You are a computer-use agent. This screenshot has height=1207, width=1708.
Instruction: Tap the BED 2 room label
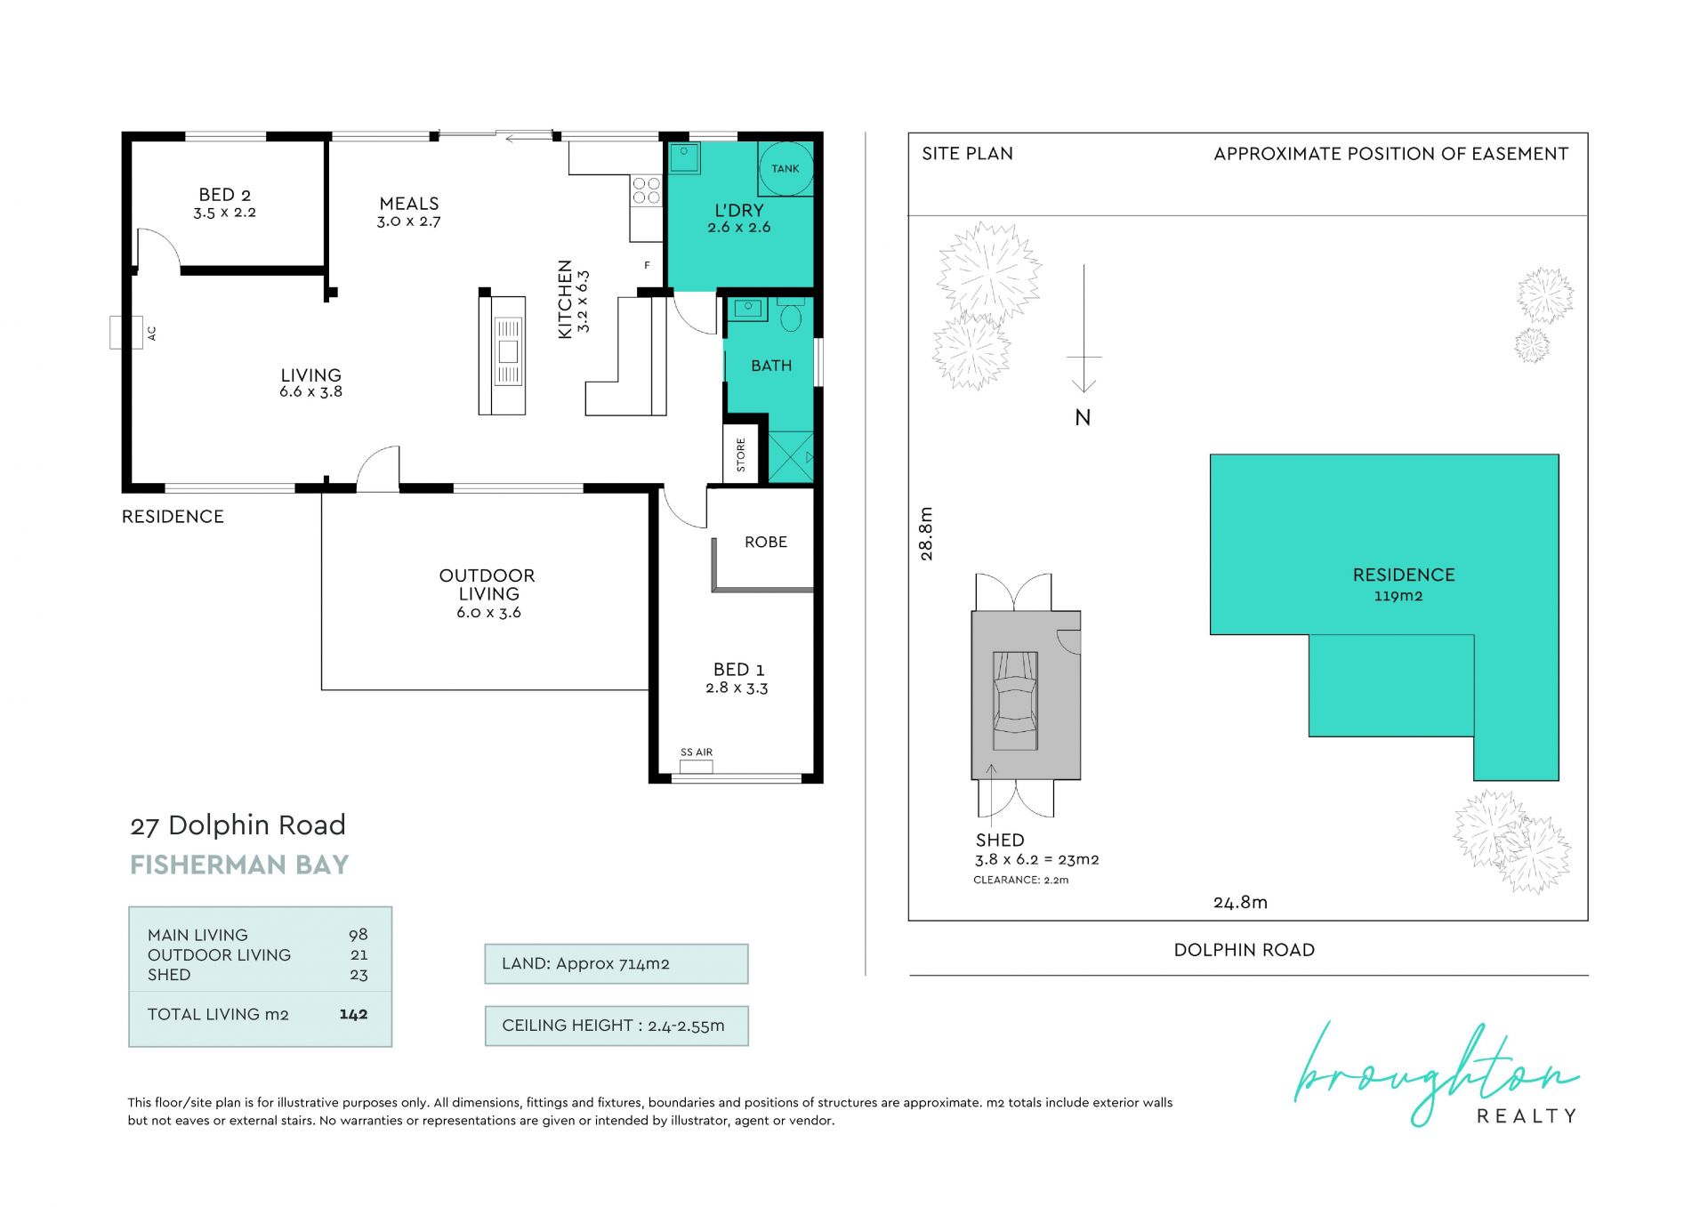click(225, 195)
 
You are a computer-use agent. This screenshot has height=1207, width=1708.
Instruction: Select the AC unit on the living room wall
click(126, 333)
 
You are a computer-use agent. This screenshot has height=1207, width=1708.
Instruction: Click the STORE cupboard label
click(741, 455)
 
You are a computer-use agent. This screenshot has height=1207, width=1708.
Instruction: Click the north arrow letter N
click(1083, 418)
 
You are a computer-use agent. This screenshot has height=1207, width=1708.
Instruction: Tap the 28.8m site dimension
click(926, 534)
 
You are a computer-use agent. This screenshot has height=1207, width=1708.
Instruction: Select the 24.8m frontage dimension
click(1240, 902)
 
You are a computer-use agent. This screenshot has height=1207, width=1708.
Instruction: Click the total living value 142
click(353, 1014)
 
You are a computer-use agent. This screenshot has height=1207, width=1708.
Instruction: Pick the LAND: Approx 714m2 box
click(616, 963)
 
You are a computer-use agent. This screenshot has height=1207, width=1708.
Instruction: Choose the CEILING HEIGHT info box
click(616, 1026)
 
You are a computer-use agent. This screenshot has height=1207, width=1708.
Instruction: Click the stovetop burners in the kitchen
click(647, 190)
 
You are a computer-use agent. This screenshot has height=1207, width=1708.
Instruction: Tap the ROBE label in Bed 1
click(766, 542)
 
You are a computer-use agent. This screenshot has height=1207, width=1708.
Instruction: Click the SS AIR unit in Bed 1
click(697, 767)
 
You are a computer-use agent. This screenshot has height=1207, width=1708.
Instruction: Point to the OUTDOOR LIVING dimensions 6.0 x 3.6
click(488, 613)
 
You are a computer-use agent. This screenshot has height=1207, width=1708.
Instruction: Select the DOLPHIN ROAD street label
click(1245, 950)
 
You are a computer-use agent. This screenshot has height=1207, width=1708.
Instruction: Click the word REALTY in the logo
click(1527, 1115)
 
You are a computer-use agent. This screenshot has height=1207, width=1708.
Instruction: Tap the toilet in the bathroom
click(791, 315)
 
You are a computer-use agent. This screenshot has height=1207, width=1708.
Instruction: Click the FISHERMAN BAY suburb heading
click(239, 865)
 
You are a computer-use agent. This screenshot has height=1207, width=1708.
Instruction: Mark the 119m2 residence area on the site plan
click(1398, 596)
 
